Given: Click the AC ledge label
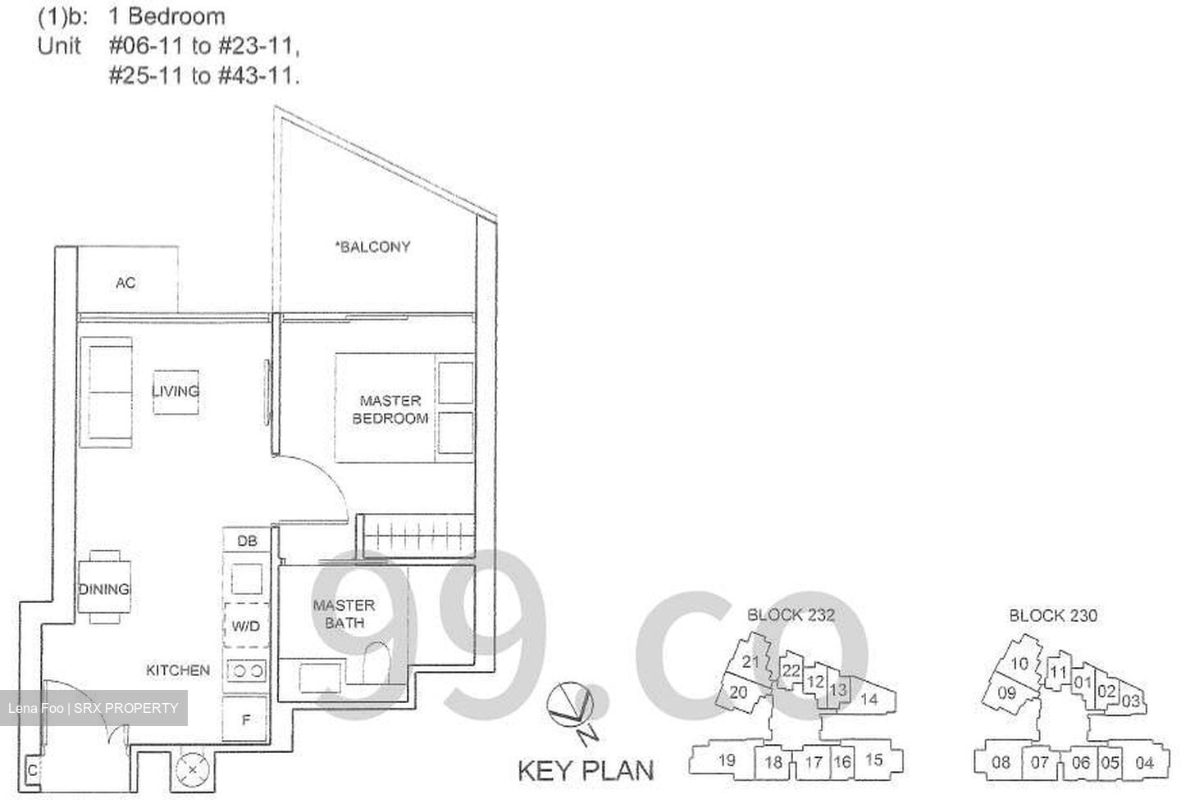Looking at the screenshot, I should coord(125,283).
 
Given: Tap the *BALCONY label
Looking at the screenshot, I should coord(373,246).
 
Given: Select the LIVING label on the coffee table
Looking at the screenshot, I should coord(176,391).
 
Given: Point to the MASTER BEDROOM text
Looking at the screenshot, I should coord(390,409).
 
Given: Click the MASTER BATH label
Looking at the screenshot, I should coord(344,614).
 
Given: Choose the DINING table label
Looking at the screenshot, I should coord(104,588).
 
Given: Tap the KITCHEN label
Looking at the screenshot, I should coord(178,670).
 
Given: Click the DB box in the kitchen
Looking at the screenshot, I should coord(246,541).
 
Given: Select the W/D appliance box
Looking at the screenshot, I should coord(245,626).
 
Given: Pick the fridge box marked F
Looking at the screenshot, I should coord(245,721).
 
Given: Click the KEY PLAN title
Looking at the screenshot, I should coord(586,770).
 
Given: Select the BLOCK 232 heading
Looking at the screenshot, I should coord(791,615).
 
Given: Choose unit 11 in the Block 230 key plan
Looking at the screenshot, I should coord(1059,673).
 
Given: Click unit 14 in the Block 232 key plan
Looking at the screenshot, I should coord(869,698).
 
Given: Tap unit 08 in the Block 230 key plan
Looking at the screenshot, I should coord(1001,762).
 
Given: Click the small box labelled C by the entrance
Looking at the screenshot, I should coord(32,770).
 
